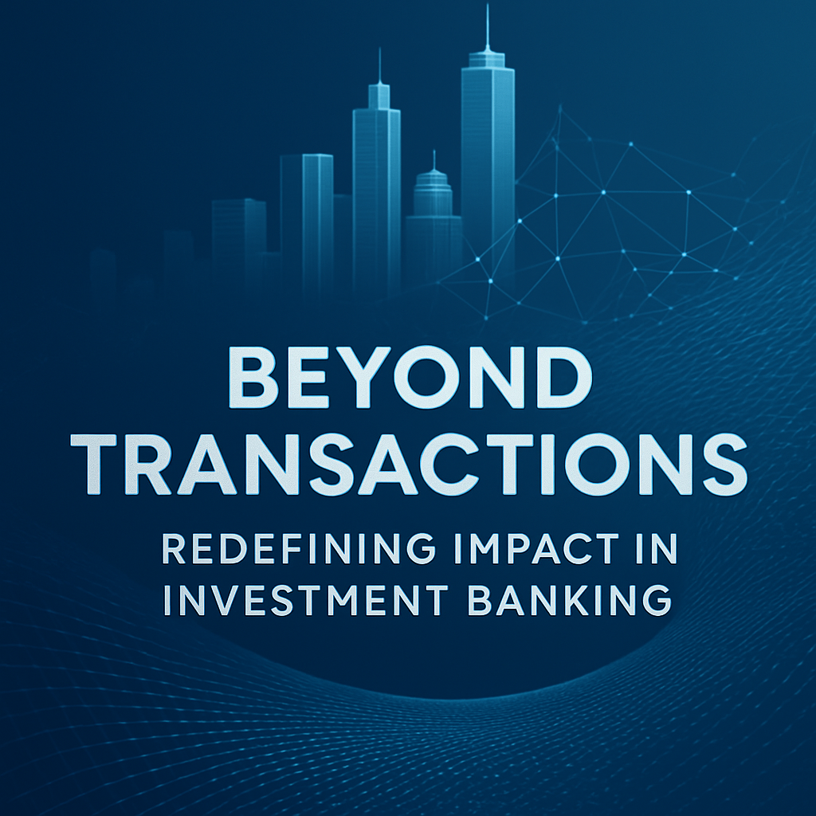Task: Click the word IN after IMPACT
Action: (655, 549)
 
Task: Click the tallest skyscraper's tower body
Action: (487, 159)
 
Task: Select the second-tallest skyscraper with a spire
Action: (376, 183)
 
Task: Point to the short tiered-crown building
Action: (433, 215)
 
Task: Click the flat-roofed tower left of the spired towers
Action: (307, 215)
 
